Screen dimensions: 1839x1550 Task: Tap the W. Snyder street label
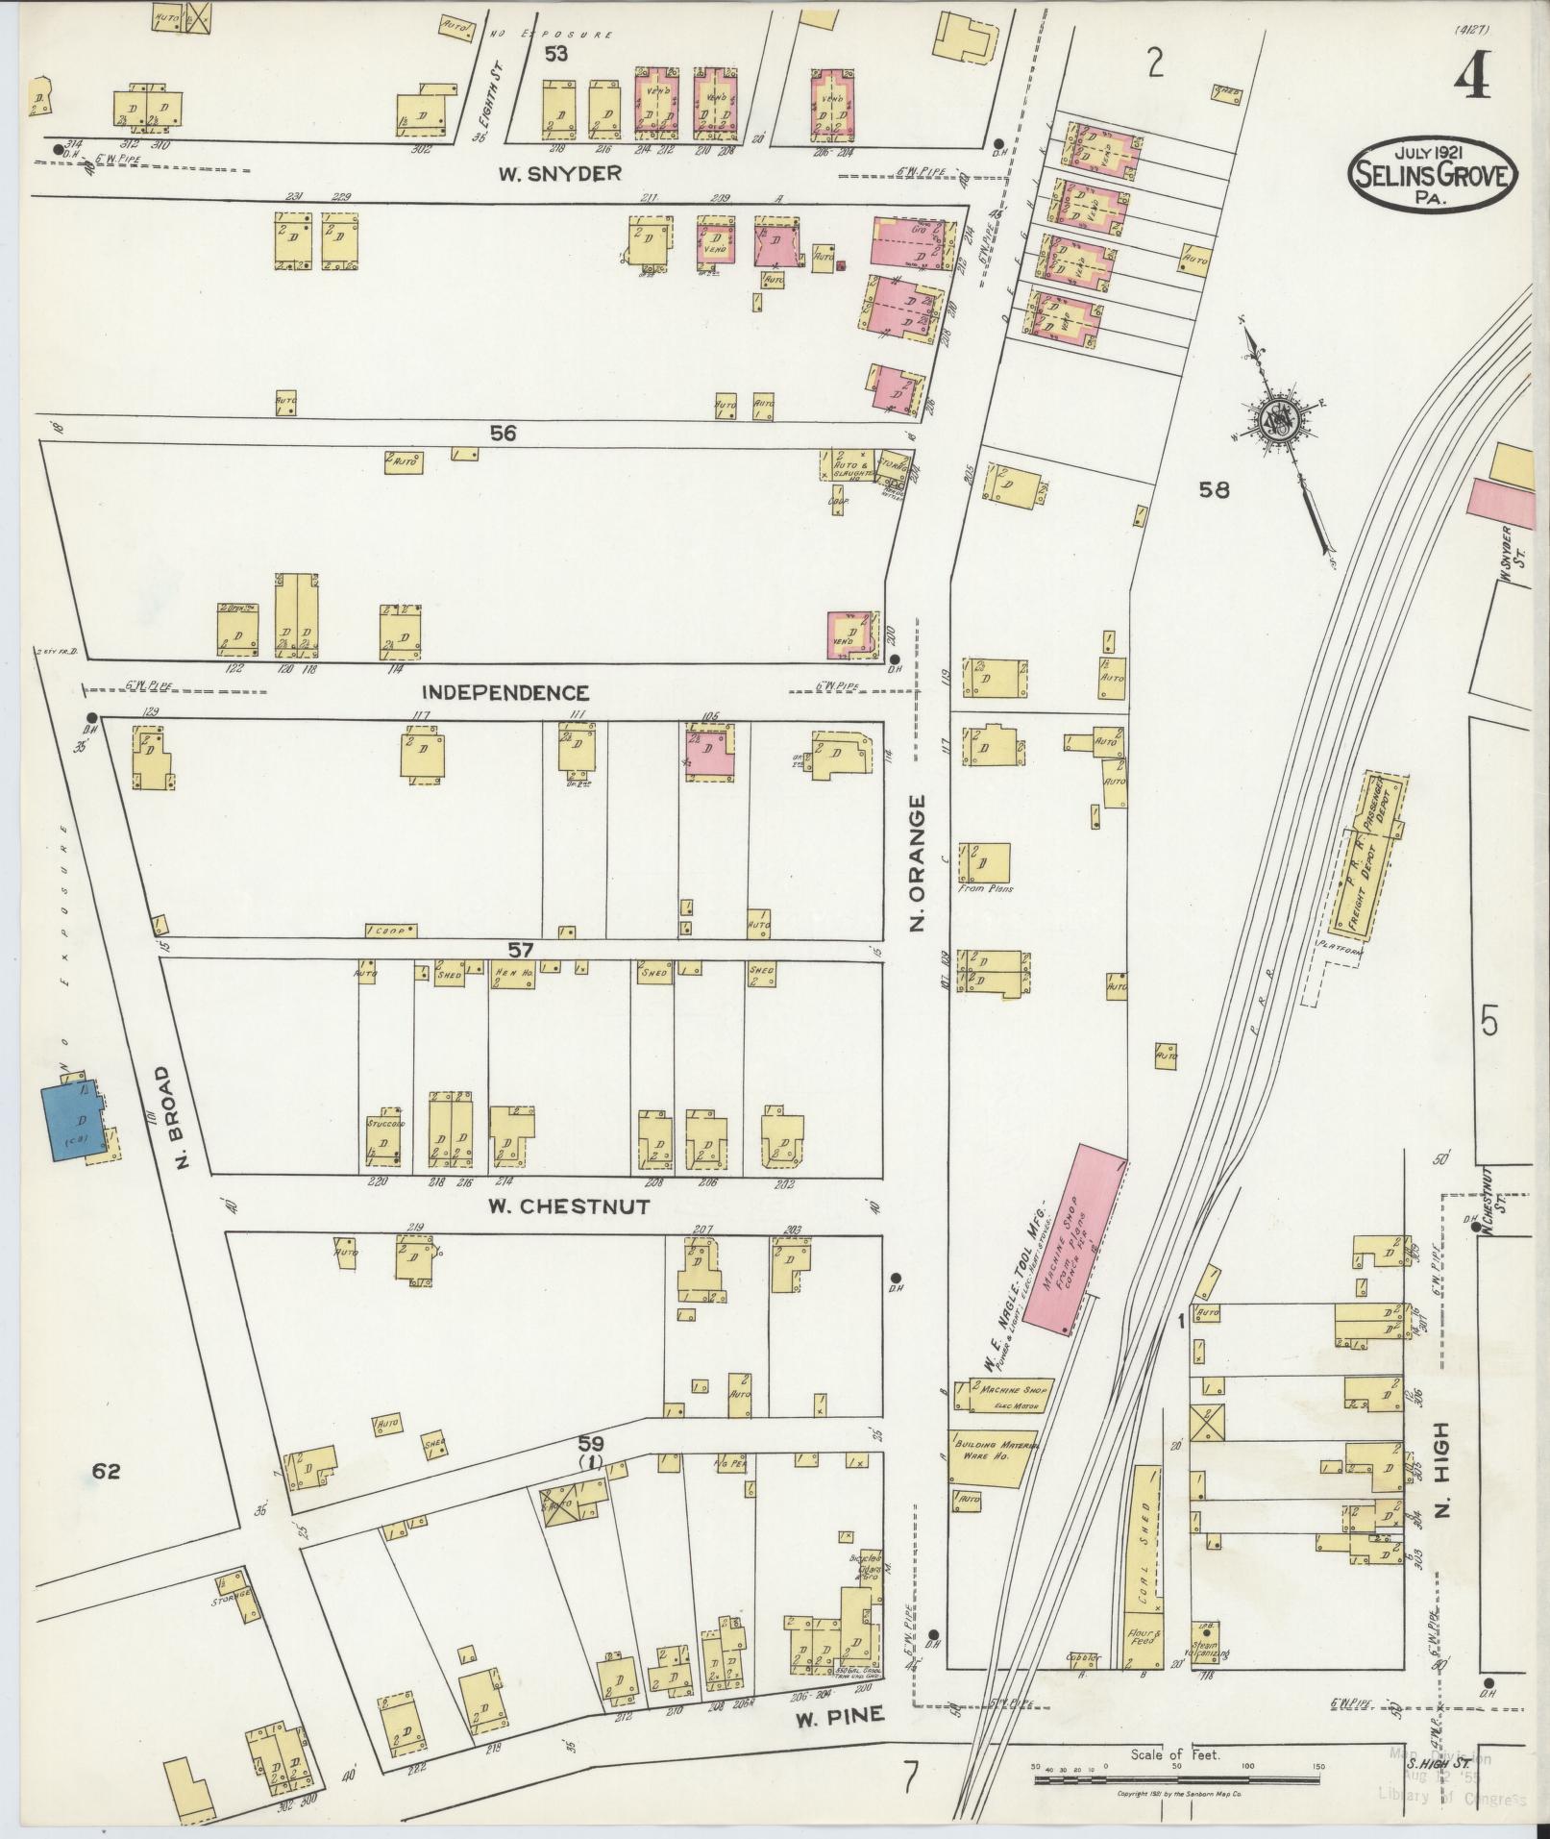coord(559,174)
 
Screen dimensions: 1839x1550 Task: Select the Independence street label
coord(505,692)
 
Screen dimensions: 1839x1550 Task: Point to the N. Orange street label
coord(918,862)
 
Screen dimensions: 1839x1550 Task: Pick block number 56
coord(504,434)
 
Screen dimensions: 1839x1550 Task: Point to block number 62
coord(106,1470)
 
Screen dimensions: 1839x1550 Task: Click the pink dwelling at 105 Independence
coord(710,754)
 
